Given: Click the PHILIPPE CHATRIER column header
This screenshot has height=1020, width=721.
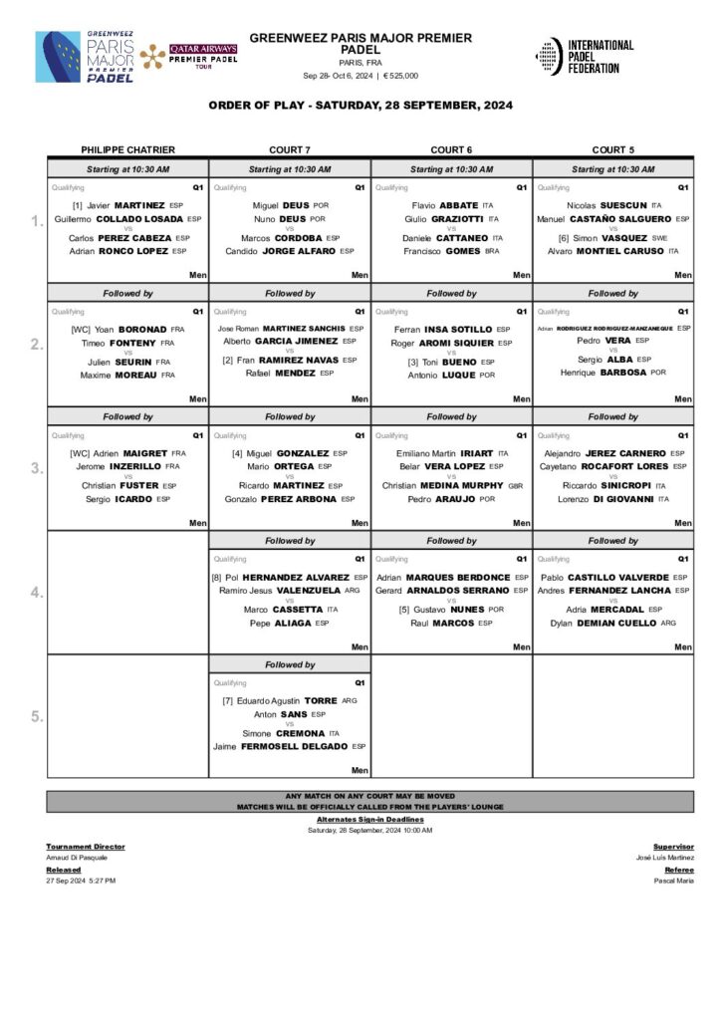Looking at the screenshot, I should tap(127, 149).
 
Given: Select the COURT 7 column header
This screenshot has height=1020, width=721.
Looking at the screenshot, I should tap(289, 149).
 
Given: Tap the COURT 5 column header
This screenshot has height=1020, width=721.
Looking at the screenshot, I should tap(612, 149).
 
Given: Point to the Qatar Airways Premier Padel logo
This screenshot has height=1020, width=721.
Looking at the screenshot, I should tap(189, 56).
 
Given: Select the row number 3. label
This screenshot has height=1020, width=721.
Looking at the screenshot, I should tap(36, 468).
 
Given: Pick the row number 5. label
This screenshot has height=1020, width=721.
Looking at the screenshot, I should tap(36, 716).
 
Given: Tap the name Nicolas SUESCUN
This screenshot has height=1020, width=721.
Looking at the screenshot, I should tap(606, 205).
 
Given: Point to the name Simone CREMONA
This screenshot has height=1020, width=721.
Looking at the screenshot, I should tap(290, 732).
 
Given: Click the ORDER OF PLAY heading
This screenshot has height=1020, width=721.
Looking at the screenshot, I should tap(360, 106).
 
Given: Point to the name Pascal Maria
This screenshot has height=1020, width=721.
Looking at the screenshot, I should tap(673, 881).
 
